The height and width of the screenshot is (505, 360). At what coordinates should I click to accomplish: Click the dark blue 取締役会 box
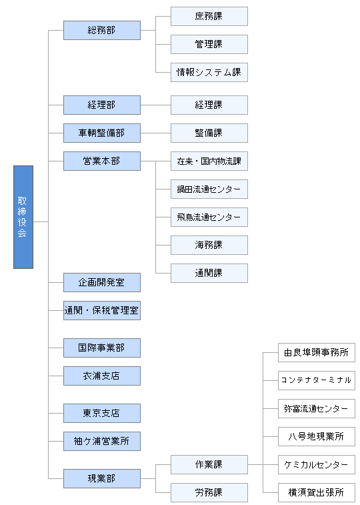23,217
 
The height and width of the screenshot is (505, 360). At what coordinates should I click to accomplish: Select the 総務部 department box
101,30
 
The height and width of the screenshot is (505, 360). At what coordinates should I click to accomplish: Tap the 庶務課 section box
209,17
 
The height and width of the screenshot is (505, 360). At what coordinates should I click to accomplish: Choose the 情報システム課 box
209,73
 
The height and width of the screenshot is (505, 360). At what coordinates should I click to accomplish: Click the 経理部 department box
101,105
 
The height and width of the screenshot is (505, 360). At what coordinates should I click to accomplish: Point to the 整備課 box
209,133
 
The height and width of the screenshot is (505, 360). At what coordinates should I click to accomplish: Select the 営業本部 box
101,161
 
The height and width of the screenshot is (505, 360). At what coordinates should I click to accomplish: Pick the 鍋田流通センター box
209,189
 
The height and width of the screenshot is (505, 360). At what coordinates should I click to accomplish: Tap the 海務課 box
209,245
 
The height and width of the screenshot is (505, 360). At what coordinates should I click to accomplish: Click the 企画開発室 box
101,282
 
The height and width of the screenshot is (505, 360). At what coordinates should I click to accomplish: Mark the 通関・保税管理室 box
101,310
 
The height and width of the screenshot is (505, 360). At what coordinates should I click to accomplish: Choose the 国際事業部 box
101,348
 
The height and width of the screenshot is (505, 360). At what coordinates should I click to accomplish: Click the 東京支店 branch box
101,413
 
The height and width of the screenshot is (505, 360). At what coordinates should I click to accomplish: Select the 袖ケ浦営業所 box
101,441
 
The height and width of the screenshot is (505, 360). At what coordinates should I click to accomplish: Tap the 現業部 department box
101,478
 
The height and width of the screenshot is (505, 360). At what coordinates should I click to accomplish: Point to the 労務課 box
209,492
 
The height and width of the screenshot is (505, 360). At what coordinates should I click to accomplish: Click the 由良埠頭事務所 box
317,353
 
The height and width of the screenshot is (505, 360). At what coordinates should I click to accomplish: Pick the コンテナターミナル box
317,381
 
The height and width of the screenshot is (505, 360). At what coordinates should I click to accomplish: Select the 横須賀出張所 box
317,492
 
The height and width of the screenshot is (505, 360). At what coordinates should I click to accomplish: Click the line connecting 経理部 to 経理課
156,105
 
